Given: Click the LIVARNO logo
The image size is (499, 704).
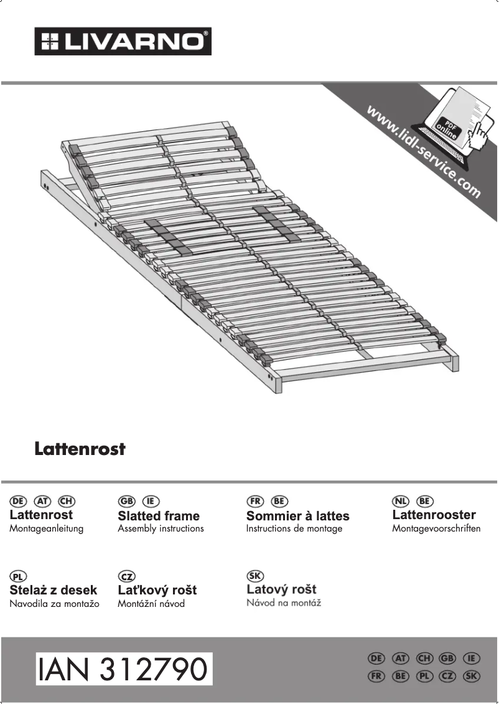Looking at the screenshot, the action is click(123, 41).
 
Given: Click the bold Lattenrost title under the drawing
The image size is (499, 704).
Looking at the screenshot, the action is click(80, 449).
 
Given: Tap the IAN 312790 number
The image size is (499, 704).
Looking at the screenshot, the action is click(124, 669).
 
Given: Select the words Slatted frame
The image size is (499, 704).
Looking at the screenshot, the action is click(159, 516).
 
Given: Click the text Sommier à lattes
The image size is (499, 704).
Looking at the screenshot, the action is click(297, 516).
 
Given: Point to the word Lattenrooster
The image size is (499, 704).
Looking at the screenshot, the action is click(434, 515).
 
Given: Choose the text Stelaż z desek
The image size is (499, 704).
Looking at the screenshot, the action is click(54, 590).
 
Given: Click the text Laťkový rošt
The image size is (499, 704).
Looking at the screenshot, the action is click(157, 590).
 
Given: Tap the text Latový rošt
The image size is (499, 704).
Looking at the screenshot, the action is click(281, 589).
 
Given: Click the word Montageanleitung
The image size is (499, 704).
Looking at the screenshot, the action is click(47, 528).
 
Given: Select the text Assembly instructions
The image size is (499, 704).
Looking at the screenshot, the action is click(161, 528).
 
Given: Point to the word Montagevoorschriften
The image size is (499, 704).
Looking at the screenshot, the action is click(436, 528).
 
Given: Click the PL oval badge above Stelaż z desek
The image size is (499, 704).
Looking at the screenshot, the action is click(18, 576).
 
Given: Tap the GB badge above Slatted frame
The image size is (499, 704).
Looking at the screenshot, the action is click(126, 501).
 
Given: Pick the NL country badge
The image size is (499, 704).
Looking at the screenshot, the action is click(401, 501).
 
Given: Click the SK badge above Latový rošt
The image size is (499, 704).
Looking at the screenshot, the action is click(255, 576).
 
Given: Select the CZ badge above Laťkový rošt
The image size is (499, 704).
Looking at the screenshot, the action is click(126, 576).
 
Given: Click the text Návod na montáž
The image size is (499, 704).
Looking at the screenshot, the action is click(284, 603).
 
